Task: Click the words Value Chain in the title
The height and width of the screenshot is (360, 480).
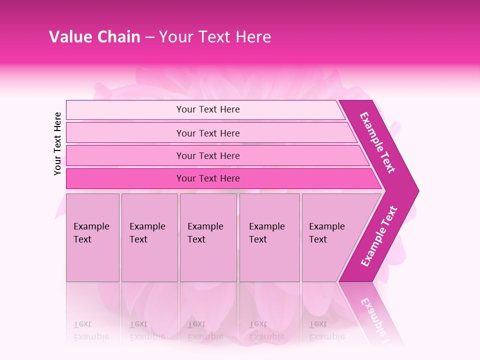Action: coord(94,37)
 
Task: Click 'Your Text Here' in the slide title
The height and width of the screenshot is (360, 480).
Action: coord(215,37)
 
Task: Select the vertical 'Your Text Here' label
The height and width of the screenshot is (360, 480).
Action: coord(57,143)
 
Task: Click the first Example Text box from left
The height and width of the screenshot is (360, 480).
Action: coord(92,237)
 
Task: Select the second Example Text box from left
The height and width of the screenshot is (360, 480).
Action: coord(149,237)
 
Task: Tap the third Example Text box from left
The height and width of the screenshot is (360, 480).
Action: coord(208,237)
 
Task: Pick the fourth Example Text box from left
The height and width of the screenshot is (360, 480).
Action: coord(269,237)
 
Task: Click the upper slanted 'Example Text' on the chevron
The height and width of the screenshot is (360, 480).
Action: coord(377,142)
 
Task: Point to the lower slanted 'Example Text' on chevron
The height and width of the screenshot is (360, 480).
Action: coord(379,236)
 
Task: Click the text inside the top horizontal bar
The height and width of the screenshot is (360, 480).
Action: coord(208,109)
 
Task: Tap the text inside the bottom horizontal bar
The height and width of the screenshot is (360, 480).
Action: coord(208,178)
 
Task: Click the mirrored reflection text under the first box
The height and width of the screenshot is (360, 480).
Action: coord(91,330)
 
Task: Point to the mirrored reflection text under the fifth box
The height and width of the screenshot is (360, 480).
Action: coord(326,330)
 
